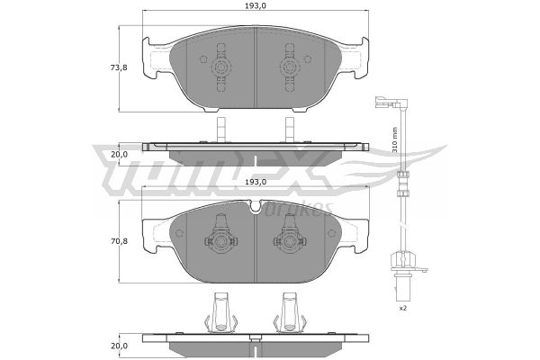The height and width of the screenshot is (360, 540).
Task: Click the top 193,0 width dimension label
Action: pos(256,6)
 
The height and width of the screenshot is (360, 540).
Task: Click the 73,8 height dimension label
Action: pos(119,67)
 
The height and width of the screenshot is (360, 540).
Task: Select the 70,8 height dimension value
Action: pos(119,241)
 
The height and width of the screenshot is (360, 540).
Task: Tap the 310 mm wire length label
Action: pos(395,139)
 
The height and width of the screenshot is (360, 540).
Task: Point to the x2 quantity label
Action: pos(402,308)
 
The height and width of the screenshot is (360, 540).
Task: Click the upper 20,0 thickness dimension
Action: pos(119,155)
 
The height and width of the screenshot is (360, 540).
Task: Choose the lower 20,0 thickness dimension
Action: pos(119,346)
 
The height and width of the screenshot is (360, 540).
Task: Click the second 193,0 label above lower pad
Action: pos(256,182)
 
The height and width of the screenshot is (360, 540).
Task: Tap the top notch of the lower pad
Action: pos(256,206)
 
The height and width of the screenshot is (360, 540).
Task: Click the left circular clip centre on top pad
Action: pos(221,67)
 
